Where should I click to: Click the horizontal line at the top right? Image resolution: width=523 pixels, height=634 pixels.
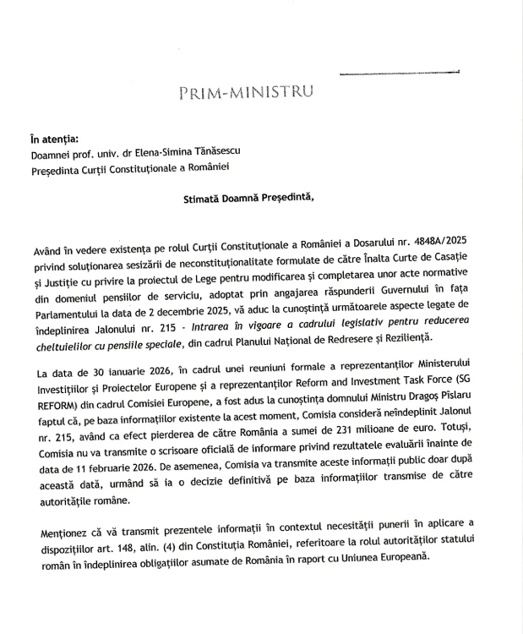pyautogui.click(x=398, y=74)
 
